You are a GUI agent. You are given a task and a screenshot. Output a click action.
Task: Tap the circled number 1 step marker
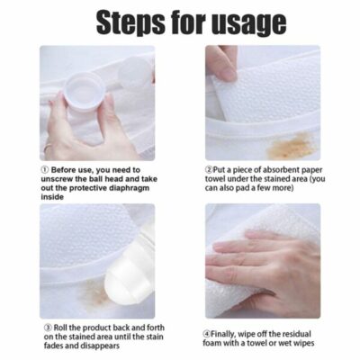pyautogui.click(x=46, y=168)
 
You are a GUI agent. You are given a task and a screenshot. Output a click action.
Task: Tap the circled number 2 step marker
pyautogui.click(x=210, y=168)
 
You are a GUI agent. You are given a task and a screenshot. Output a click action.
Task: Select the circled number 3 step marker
pyautogui.click(x=46, y=327)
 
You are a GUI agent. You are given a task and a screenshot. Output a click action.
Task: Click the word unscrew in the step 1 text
pyautogui.click(x=64, y=178)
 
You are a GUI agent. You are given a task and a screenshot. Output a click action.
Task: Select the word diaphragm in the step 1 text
pyautogui.click(x=120, y=188)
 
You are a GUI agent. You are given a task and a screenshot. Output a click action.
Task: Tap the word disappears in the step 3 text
pyautogui.click(x=96, y=346)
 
